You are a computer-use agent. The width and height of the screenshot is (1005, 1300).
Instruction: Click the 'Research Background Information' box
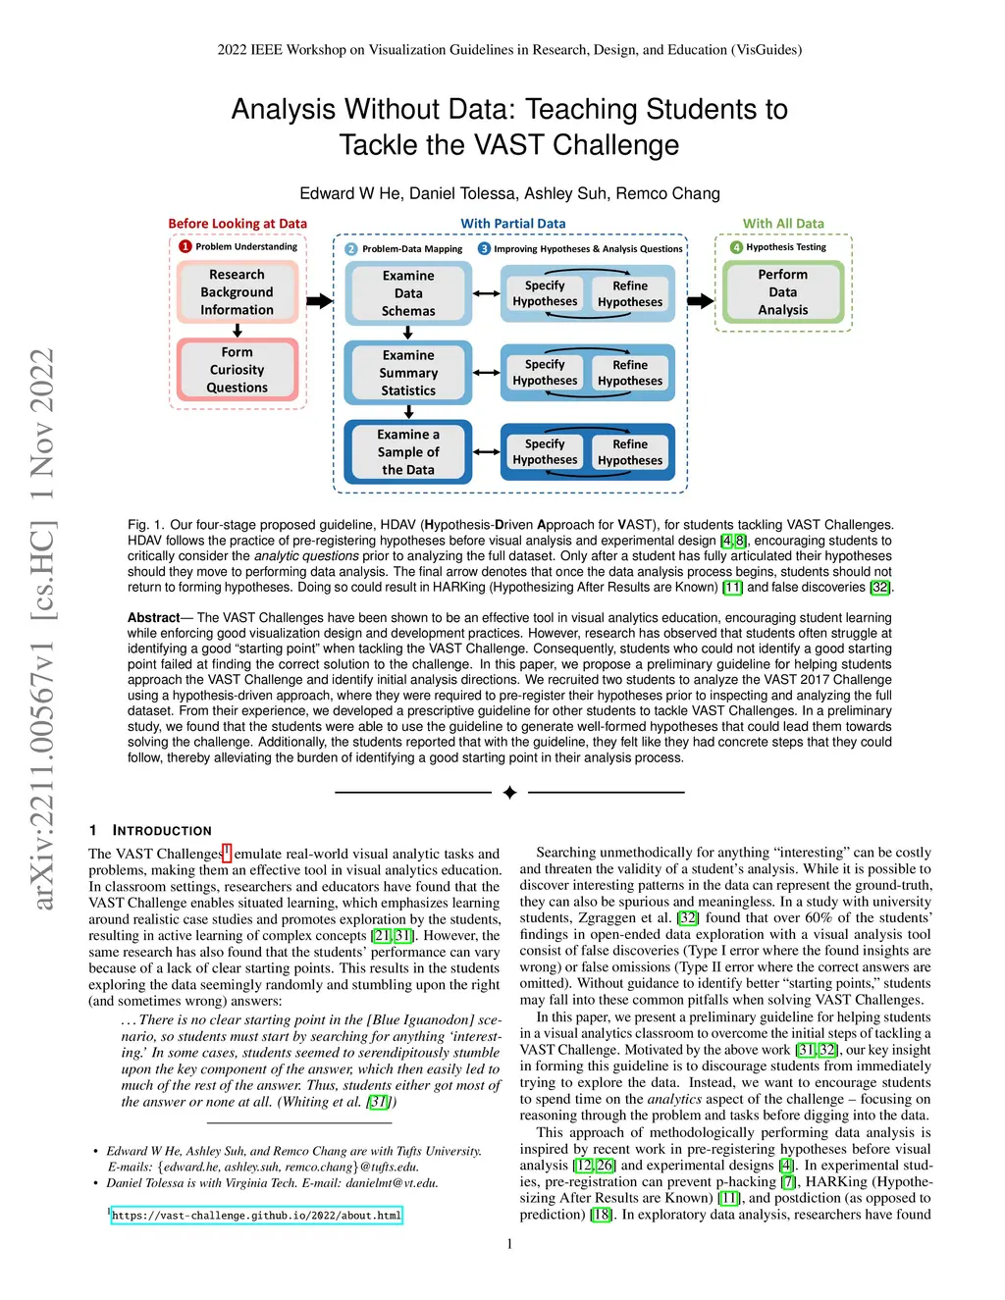pyautogui.click(x=237, y=292)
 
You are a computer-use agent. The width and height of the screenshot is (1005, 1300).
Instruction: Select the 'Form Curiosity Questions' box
pyautogui.click(x=237, y=370)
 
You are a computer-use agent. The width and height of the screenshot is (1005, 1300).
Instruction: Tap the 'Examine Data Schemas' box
pyautogui.click(x=408, y=293)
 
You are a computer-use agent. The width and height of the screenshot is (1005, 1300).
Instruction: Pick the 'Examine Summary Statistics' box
pyautogui.click(x=408, y=373)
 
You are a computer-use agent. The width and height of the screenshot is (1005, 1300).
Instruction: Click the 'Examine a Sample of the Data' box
pyautogui.click(x=408, y=452)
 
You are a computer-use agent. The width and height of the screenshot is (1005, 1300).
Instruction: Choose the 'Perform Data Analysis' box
pyautogui.click(x=782, y=292)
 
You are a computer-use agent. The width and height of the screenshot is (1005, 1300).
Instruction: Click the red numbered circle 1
pyautogui.click(x=185, y=246)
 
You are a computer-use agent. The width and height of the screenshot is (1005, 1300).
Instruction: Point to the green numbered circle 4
pyautogui.click(x=736, y=247)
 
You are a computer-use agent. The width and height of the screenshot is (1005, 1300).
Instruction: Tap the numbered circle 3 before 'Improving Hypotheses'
pyautogui.click(x=484, y=248)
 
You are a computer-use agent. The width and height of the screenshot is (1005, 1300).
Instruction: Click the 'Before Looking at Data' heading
pyautogui.click(x=238, y=224)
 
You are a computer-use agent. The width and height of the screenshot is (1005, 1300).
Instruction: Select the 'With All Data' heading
pyautogui.click(x=783, y=224)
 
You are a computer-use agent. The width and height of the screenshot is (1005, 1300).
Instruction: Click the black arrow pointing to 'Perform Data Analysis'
pyautogui.click(x=701, y=301)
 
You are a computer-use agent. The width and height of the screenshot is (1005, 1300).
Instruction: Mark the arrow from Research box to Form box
pyautogui.click(x=238, y=331)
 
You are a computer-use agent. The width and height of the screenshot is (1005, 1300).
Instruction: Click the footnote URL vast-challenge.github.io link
pyautogui.click(x=256, y=1216)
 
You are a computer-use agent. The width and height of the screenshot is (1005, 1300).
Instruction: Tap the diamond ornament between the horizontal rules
pyautogui.click(x=509, y=793)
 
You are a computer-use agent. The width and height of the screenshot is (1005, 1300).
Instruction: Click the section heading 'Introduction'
pyautogui.click(x=162, y=831)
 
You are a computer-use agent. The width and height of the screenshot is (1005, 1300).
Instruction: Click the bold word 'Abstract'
pyautogui.click(x=153, y=618)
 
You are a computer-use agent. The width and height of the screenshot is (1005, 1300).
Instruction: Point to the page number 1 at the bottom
pyautogui.click(x=509, y=1244)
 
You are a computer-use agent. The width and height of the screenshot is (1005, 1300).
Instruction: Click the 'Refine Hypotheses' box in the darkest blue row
pyautogui.click(x=630, y=452)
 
